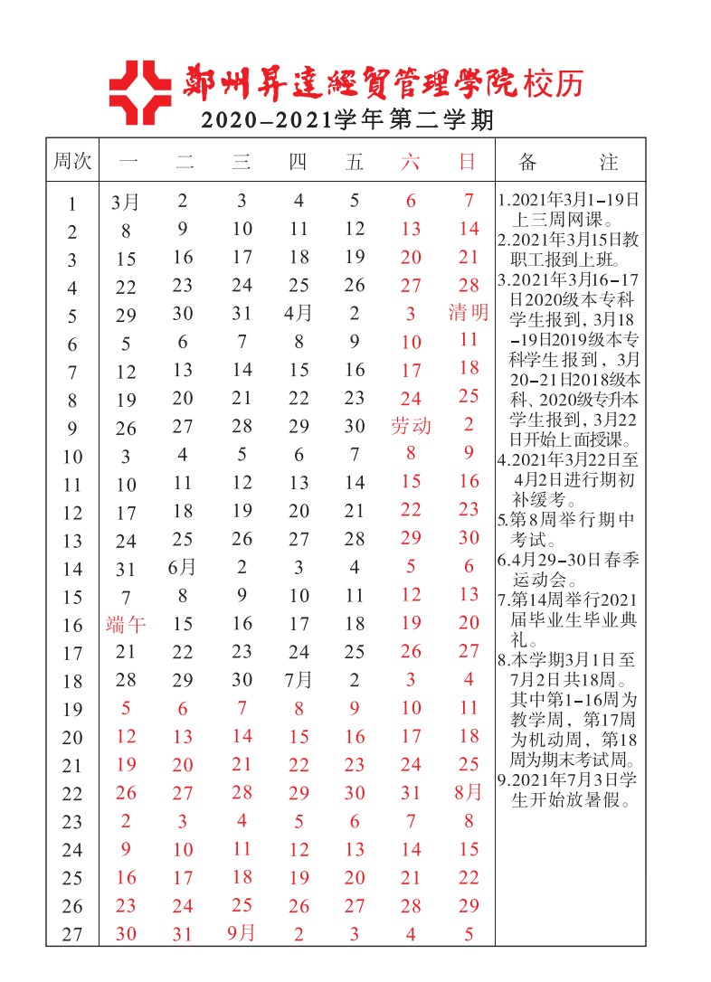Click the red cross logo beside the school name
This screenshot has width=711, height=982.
[139, 92]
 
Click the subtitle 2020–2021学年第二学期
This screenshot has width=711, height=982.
[347, 119]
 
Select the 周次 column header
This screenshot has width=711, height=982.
[71, 162]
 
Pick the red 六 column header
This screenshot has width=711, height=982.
[411, 162]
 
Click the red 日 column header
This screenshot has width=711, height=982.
[468, 162]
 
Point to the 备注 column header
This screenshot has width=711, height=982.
[568, 162]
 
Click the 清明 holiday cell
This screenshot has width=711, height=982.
[469, 313]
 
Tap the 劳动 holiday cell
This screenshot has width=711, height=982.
[412, 426]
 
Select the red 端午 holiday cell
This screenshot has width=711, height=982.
[126, 623]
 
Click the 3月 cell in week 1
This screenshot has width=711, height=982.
[126, 202]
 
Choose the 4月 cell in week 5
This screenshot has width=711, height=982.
[299, 315]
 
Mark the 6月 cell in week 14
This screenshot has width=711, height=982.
[183, 567]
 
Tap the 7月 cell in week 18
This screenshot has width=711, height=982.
[299, 679]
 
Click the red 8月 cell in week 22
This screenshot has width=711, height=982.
[469, 792]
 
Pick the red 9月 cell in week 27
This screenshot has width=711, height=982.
[242, 932]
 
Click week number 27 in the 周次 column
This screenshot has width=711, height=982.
[71, 935]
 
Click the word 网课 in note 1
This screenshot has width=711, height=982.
[588, 219]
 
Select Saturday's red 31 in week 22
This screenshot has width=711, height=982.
[411, 793]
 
